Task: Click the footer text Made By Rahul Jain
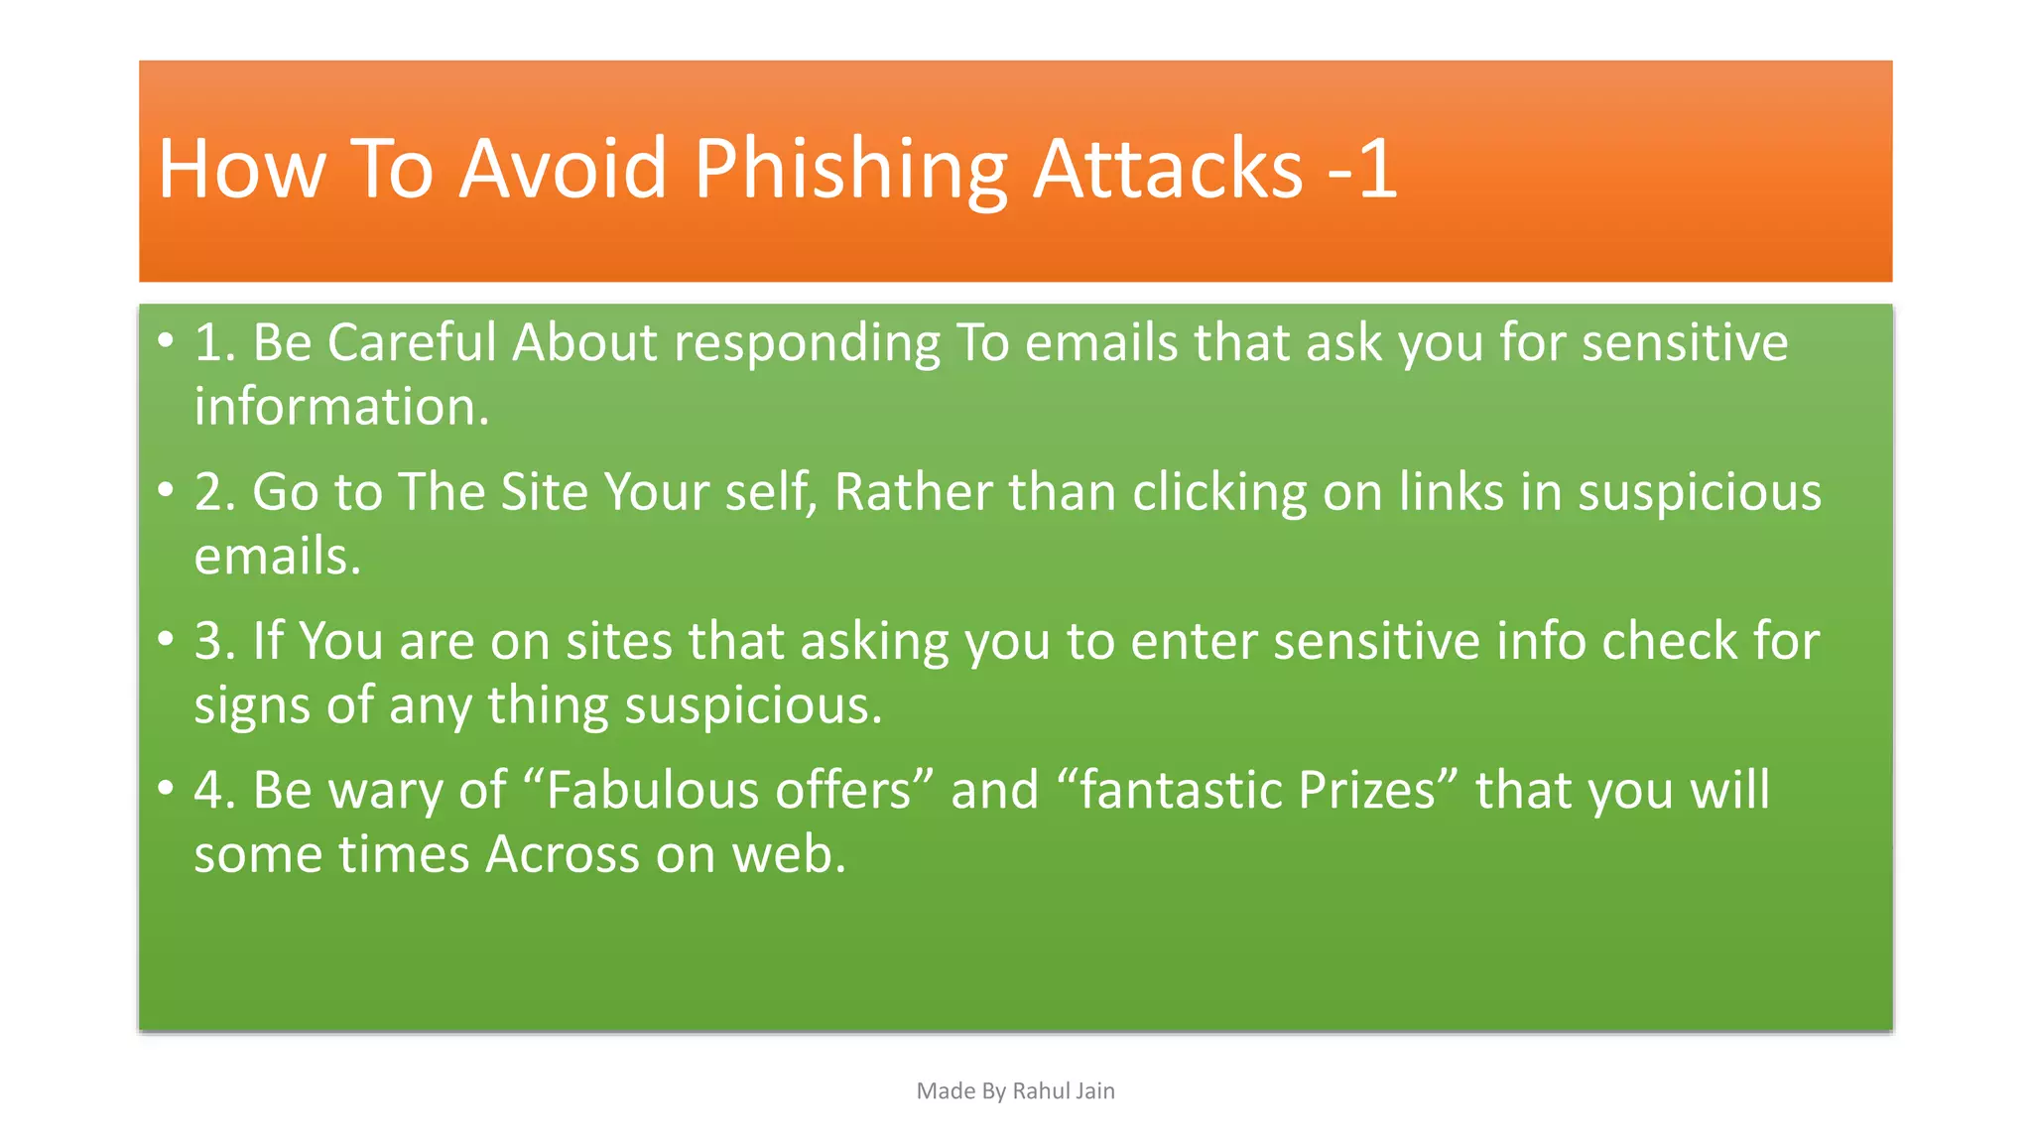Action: [1015, 1090]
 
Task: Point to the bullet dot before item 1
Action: [166, 341]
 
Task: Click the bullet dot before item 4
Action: [166, 789]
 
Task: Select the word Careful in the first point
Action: [411, 342]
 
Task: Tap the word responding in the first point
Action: [807, 344]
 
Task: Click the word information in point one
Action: [340, 407]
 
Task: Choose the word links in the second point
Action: [1451, 492]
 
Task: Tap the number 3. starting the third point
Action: [214, 641]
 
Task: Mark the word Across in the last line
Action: [562, 854]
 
